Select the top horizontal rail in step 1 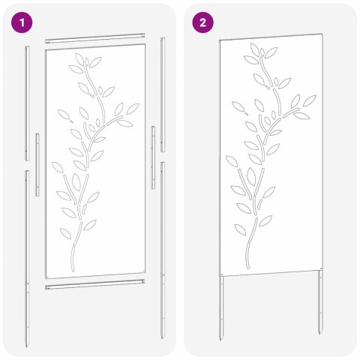click(x=94, y=35)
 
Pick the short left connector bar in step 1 click(x=37, y=165)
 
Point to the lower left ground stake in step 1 click(x=27, y=255)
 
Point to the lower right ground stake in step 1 click(x=163, y=247)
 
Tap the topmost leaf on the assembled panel click(x=256, y=49)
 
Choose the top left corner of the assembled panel click(x=220, y=38)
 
